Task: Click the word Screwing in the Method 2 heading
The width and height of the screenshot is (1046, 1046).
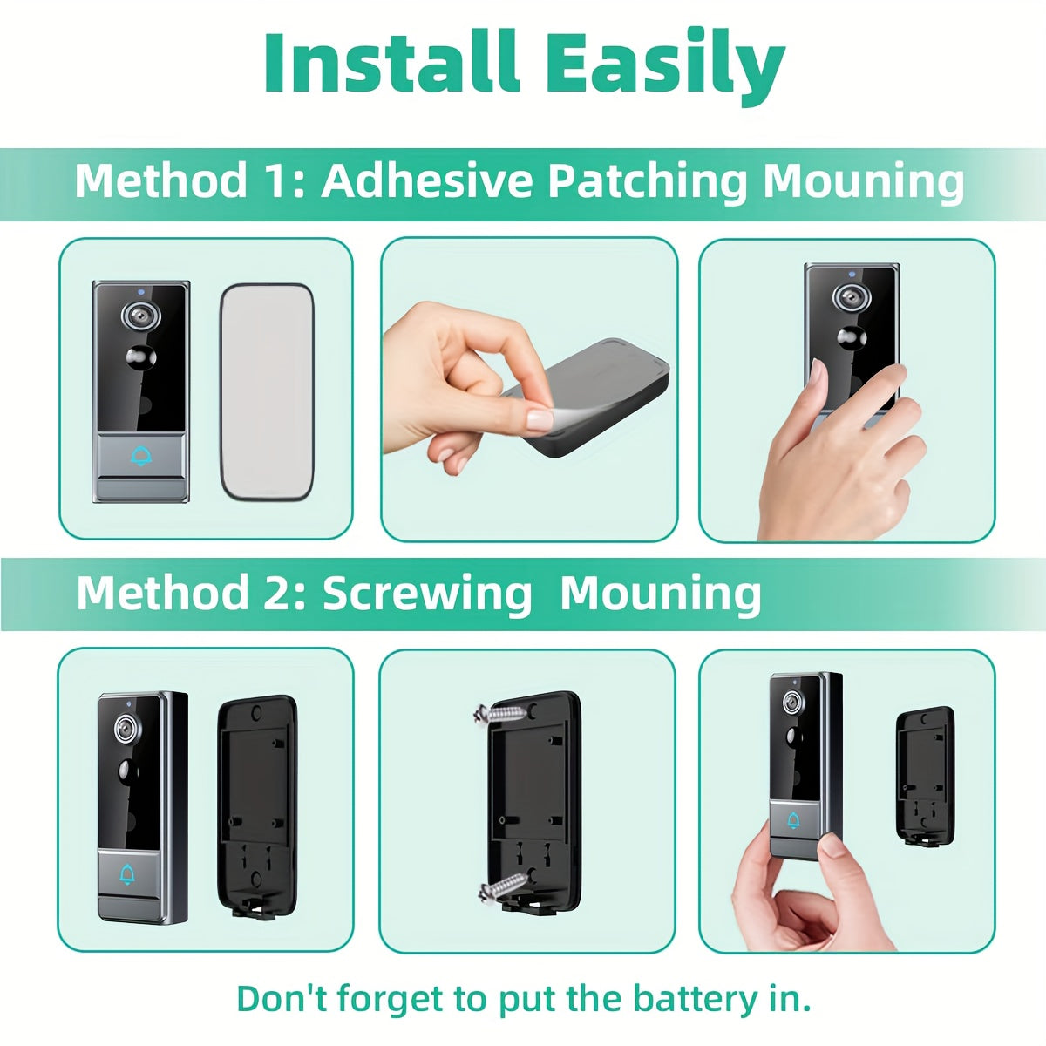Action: [427, 594]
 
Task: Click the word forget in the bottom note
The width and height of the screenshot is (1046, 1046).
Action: [391, 998]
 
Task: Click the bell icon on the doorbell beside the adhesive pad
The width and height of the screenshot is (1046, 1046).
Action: [140, 455]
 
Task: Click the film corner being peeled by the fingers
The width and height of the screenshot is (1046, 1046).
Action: [540, 419]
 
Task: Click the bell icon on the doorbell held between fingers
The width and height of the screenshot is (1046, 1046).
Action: [793, 820]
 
